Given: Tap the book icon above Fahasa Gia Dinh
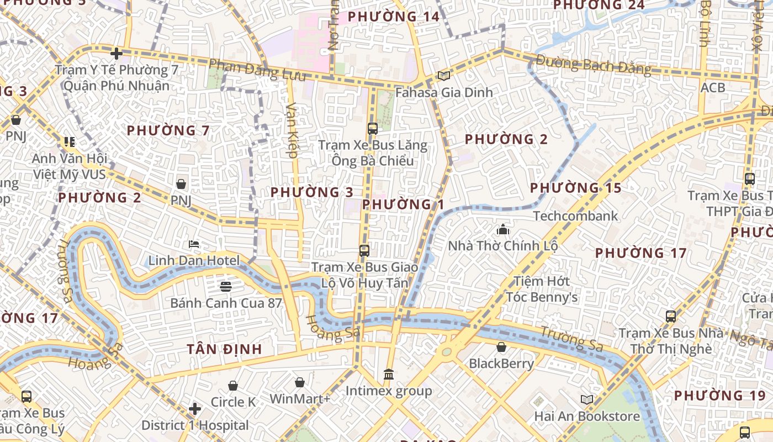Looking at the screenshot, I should pyautogui.click(x=444, y=76).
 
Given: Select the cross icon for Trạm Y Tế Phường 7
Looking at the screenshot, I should pyautogui.click(x=116, y=54).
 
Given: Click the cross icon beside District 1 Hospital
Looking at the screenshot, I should pyautogui.click(x=194, y=409).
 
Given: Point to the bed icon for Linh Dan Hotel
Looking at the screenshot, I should pyautogui.click(x=194, y=244).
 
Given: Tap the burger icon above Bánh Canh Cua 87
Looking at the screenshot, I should pyautogui.click(x=225, y=286).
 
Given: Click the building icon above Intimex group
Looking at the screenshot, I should pyautogui.click(x=389, y=375).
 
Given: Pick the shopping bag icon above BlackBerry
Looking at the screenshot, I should pyautogui.click(x=501, y=347).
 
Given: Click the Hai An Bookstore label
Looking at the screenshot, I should pyautogui.click(x=587, y=416).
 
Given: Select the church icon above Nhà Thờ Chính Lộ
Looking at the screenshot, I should pyautogui.click(x=503, y=229).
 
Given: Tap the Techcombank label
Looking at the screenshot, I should pyautogui.click(x=575, y=215).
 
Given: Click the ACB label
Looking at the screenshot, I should pyautogui.click(x=712, y=88).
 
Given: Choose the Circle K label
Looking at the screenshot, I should pyautogui.click(x=234, y=402).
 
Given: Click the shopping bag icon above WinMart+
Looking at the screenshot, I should pyautogui.click(x=300, y=382).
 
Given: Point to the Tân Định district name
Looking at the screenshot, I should pyautogui.click(x=224, y=349).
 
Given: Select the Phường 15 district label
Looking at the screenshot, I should pyautogui.click(x=576, y=188).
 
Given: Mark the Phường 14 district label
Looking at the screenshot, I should pyautogui.click(x=394, y=17).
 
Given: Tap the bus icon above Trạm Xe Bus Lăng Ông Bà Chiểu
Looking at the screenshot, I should pyautogui.click(x=373, y=129).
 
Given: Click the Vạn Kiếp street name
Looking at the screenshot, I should pyautogui.click(x=292, y=130).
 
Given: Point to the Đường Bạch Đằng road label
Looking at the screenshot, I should pyautogui.click(x=593, y=65).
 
